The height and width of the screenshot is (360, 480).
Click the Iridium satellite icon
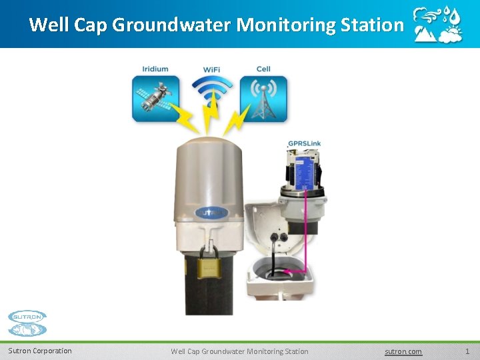[x=155, y=99]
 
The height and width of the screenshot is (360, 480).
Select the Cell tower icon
[x=263, y=99]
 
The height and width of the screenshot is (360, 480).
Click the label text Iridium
[x=155, y=69]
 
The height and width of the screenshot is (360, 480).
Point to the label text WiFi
[x=213, y=69]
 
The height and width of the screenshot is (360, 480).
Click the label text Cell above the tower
[x=263, y=69]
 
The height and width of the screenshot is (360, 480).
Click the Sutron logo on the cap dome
[x=211, y=214]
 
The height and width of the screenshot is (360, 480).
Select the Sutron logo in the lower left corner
[x=27, y=323]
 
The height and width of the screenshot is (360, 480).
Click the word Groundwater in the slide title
[x=172, y=25]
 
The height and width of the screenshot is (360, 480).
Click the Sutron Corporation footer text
[x=40, y=351]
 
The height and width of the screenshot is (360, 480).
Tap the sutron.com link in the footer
[x=403, y=351]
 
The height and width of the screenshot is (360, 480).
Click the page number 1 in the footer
[x=467, y=351]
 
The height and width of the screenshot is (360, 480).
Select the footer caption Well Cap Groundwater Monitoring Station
[x=239, y=351]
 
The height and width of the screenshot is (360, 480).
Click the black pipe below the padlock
[x=209, y=297]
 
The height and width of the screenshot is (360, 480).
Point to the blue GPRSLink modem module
[x=306, y=169]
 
